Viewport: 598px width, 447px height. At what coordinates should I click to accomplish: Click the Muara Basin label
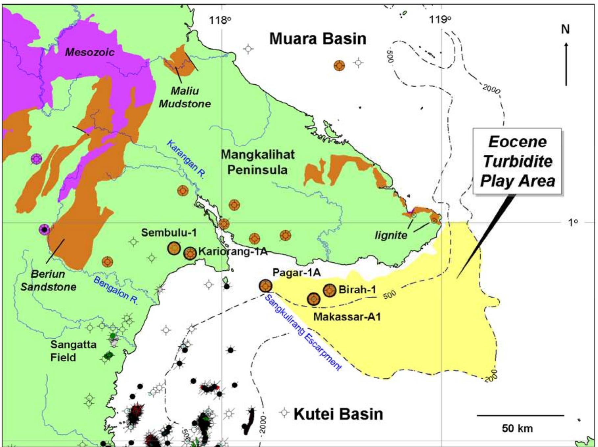pyautogui.click(x=318, y=39)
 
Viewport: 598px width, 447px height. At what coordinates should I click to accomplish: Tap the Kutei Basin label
pyautogui.click(x=338, y=414)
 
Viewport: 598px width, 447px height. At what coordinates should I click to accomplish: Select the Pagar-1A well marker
pyautogui.click(x=265, y=286)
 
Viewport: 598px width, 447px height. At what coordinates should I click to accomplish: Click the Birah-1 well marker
pyautogui.click(x=330, y=290)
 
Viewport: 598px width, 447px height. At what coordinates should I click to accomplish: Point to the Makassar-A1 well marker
pyautogui.click(x=314, y=299)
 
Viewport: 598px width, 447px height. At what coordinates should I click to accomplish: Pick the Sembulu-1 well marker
pyautogui.click(x=174, y=248)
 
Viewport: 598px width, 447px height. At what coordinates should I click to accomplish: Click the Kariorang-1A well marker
pyautogui.click(x=190, y=253)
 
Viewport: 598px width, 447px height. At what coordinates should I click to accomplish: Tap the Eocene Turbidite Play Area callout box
pyautogui.click(x=517, y=161)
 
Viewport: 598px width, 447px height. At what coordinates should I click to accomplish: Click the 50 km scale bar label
pyautogui.click(x=517, y=428)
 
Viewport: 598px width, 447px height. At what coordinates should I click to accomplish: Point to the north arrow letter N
pyautogui.click(x=565, y=30)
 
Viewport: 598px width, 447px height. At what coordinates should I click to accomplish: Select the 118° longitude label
pyautogui.click(x=220, y=20)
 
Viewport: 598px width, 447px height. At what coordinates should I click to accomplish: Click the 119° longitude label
pyautogui.click(x=440, y=20)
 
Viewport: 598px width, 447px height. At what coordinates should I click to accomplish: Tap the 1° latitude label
pyautogui.click(x=573, y=222)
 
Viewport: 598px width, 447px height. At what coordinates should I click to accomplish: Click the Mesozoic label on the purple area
pyautogui.click(x=89, y=52)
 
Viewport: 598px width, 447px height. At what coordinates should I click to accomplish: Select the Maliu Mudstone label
pyautogui.click(x=184, y=97)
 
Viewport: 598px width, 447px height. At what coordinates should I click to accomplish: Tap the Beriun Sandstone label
pyautogui.click(x=48, y=280)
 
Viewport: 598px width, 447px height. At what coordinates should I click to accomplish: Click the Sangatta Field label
pyautogui.click(x=73, y=351)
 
